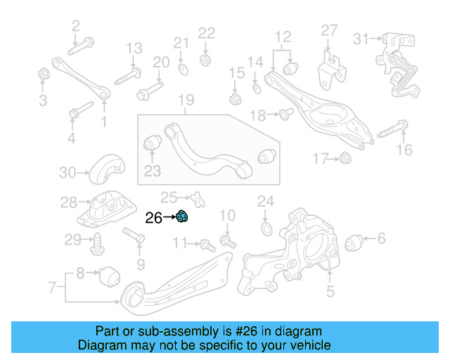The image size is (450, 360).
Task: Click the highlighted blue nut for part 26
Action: pos(181,217)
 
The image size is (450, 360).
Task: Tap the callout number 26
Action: pos(153,218)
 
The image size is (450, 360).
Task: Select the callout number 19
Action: pos(185,100)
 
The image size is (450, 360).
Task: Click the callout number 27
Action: pos(330,30)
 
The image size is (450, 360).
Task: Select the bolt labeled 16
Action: pos(392,130)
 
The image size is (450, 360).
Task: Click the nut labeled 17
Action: pos(345,160)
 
